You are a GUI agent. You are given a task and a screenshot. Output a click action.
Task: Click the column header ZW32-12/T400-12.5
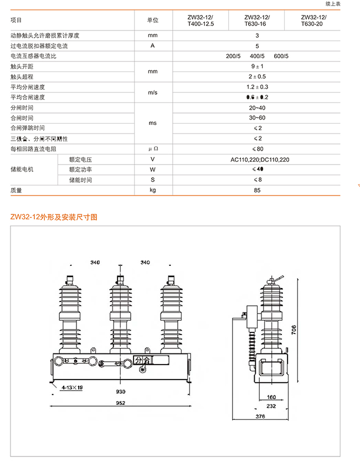pos(200,20)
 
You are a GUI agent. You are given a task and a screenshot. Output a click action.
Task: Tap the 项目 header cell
pos(17,20)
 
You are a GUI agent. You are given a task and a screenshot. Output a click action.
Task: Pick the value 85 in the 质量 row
pos(257,190)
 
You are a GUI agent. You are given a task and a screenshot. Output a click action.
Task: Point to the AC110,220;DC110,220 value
pos(260,160)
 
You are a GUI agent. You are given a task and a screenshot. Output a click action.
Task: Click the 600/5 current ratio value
pos(281,56)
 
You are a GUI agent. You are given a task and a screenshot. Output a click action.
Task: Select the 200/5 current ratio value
pos(233,56)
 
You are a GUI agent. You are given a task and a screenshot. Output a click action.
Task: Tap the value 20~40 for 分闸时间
pos(257,107)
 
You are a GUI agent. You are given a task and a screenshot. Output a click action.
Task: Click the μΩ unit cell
pos(153,149)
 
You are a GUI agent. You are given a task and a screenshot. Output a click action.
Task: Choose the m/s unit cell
pos(153,93)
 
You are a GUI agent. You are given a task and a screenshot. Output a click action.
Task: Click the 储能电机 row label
pos(22,170)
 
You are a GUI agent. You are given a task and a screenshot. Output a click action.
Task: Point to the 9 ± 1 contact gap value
pos(257,66)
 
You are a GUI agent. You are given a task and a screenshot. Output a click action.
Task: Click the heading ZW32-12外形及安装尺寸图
pos(54,217)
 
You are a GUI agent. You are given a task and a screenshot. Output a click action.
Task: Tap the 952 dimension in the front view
pos(120,402)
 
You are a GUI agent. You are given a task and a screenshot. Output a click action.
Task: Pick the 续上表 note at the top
pos(332,4)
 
